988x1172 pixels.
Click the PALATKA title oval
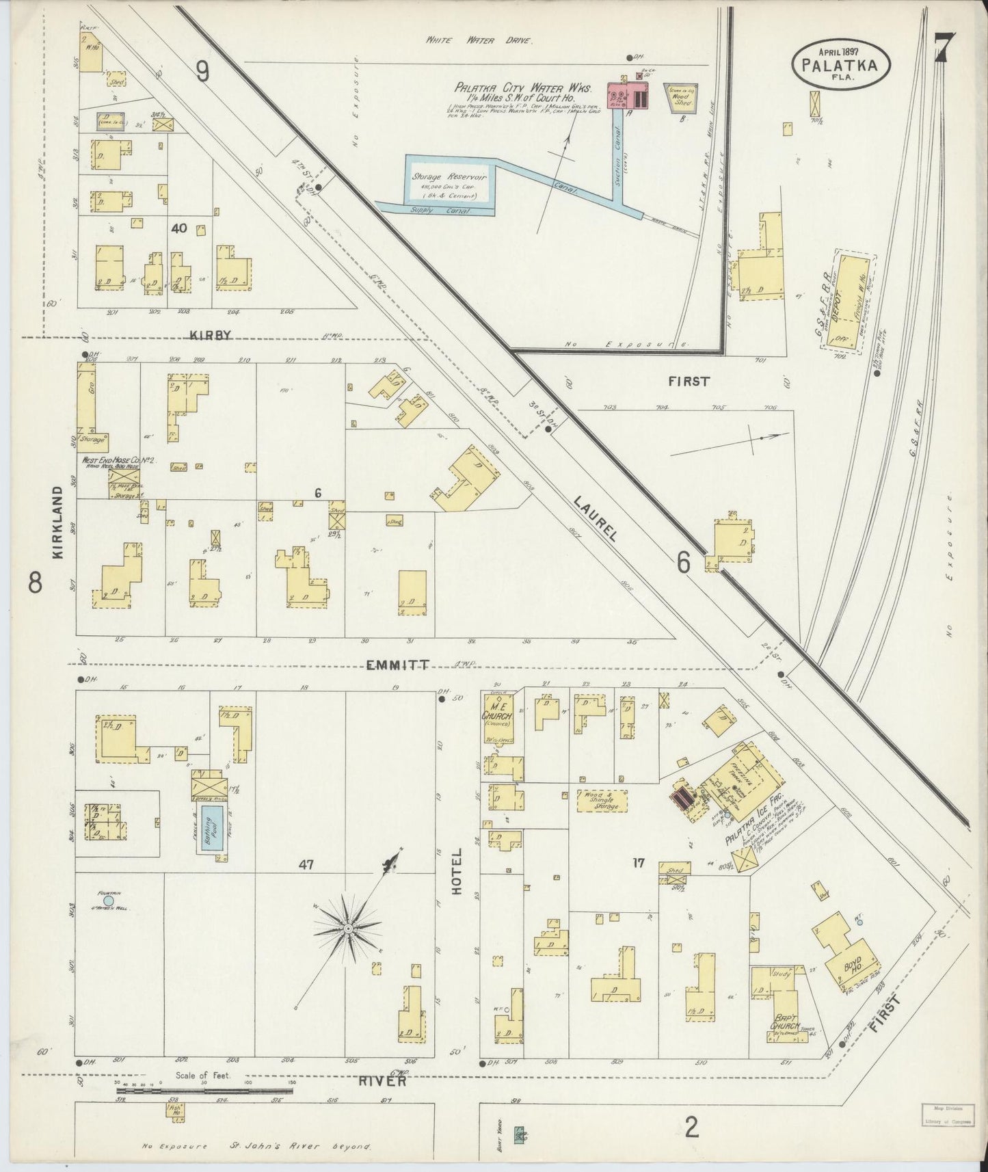pos(842,64)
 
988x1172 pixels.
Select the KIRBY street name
pos(211,335)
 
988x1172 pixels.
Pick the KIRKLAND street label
pos(57,522)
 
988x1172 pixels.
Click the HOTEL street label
pos(457,872)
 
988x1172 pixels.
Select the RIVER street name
pos(382,1081)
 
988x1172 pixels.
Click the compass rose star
pos(348,928)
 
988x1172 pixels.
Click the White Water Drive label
pos(478,40)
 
